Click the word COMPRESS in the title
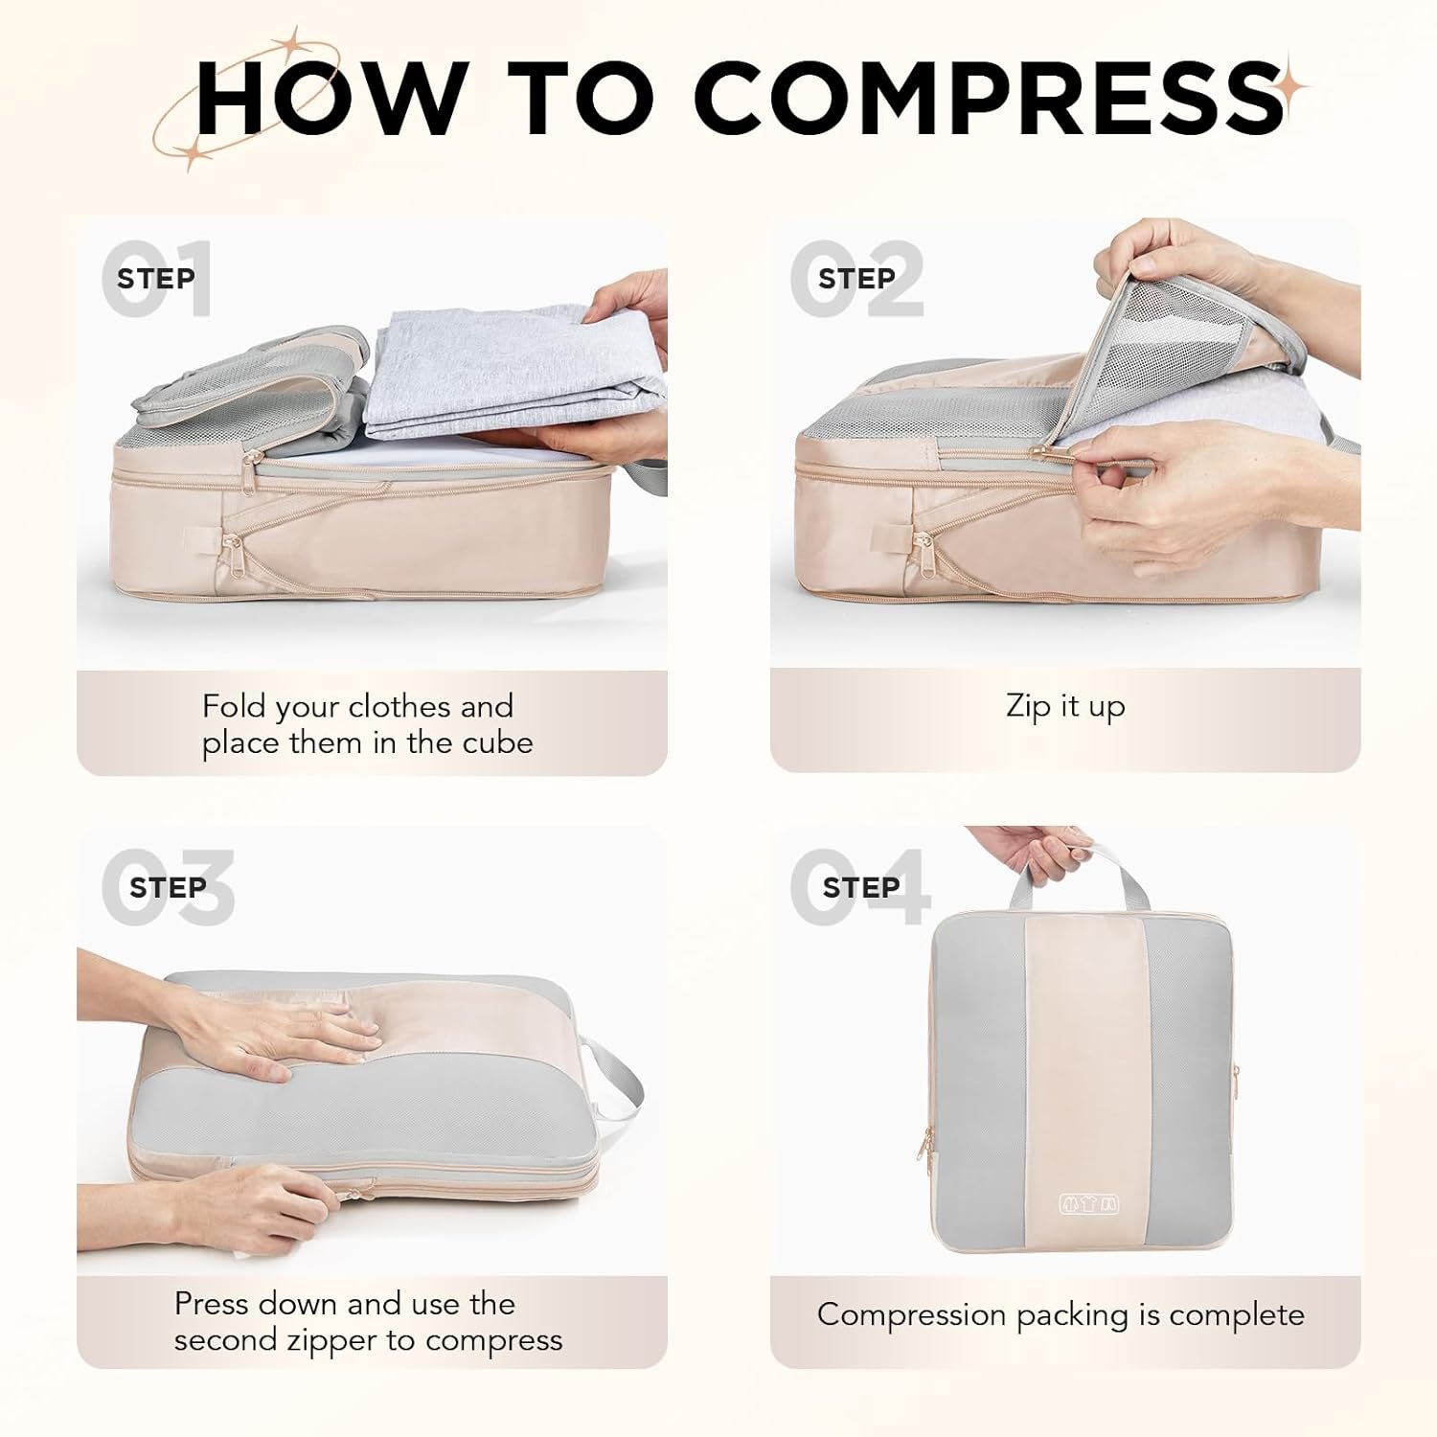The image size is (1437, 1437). coord(988,98)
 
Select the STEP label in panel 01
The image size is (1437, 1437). coord(156,279)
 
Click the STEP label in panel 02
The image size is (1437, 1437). coord(856,279)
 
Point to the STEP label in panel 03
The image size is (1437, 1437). coord(168,888)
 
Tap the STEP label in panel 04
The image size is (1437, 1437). coord(861,888)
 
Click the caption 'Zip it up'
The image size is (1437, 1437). coord(1065,707)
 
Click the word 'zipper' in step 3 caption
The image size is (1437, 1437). coord(329,1340)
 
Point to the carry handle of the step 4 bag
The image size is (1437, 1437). coord(1079,882)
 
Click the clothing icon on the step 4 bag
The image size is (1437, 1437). coord(1089,1204)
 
